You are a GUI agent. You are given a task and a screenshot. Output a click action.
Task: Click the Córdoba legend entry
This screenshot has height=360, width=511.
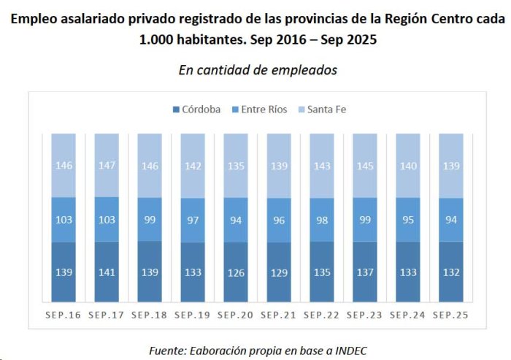click(196, 110)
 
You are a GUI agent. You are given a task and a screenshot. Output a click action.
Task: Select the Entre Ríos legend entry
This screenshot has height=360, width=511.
click(259, 110)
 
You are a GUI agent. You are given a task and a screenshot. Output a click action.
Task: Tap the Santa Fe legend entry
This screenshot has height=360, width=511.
click(322, 110)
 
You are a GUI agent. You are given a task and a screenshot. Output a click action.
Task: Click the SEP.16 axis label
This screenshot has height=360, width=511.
click(64, 315)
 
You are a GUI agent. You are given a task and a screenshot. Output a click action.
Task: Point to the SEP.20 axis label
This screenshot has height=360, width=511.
click(235, 315)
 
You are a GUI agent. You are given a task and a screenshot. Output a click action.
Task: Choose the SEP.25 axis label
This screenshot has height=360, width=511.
click(450, 315)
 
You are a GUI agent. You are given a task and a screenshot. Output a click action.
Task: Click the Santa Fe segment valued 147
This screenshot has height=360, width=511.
click(107, 165)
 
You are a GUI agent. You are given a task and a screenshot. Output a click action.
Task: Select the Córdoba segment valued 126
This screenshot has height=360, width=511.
click(236, 272)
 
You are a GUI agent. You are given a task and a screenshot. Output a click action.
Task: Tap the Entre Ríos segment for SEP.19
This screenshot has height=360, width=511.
click(193, 220)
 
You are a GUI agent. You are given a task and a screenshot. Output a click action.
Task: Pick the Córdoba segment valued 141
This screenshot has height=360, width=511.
click(107, 272)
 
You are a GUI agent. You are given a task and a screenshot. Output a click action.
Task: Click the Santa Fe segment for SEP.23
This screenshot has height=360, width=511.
click(365, 166)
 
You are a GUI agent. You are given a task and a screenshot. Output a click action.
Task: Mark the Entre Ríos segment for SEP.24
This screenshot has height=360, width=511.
click(408, 220)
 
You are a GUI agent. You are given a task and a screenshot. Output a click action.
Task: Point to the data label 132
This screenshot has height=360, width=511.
click(451, 272)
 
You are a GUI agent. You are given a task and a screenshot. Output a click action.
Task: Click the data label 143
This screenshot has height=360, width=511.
click(322, 166)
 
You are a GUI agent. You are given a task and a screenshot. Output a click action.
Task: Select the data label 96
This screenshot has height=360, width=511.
click(279, 221)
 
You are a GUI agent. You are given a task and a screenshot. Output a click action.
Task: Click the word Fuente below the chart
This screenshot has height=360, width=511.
click(168, 351)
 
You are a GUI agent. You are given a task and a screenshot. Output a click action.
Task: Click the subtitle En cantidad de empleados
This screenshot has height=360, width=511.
click(258, 70)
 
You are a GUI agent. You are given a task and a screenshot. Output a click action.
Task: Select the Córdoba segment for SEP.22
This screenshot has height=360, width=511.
click(322, 272)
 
